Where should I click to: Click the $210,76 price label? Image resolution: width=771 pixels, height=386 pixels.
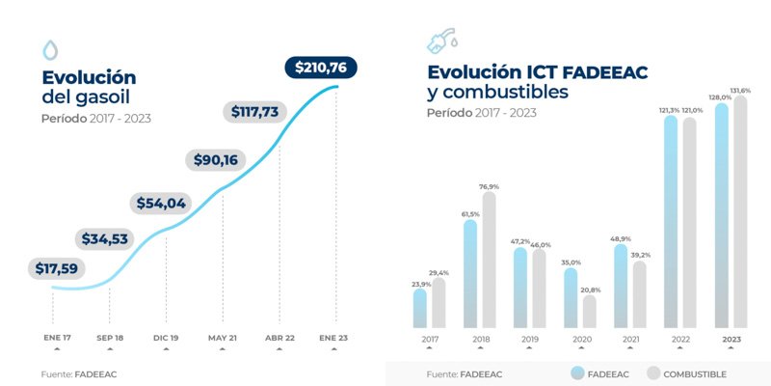tap(322, 68)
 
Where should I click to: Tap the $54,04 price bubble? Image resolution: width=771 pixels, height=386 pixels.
tap(160, 204)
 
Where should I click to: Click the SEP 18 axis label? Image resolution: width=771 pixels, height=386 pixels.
tap(109, 339)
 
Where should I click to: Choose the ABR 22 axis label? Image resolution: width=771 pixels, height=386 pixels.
tap(279, 339)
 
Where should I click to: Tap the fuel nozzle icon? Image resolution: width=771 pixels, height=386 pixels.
tap(441, 41)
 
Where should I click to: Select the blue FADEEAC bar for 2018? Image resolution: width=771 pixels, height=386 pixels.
tap(470, 273)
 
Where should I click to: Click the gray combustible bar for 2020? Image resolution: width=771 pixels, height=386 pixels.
tap(590, 311)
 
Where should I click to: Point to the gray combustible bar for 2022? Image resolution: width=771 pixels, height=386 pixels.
tap(689, 222)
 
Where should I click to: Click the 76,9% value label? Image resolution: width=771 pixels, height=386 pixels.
tap(490, 186)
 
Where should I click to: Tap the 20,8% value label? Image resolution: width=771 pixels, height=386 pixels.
tap(590, 289)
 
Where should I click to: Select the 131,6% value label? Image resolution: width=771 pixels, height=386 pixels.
tap(740, 90)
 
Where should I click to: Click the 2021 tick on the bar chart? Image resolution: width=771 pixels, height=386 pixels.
tap(630, 340)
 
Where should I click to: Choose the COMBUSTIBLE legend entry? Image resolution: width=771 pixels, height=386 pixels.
tap(686, 373)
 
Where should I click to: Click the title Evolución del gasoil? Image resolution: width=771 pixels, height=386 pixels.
tap(89, 87)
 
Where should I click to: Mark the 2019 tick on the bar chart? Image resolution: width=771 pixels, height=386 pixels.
tap(530, 340)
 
